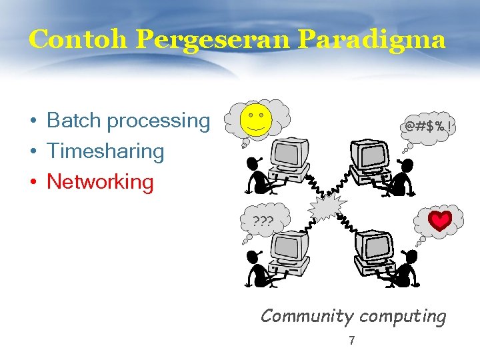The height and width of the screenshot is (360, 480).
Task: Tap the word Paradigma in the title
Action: point(371,40)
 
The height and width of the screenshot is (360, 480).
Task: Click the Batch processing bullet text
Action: point(128,121)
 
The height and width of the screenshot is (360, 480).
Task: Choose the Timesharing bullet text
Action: point(105,151)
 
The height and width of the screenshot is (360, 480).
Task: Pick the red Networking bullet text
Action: point(100,181)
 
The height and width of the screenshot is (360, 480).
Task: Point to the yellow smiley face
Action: point(255,118)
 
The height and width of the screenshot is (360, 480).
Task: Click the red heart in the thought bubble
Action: point(440,221)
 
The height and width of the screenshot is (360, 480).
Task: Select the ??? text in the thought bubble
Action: point(263,221)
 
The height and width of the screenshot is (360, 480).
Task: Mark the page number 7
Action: point(352,341)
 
